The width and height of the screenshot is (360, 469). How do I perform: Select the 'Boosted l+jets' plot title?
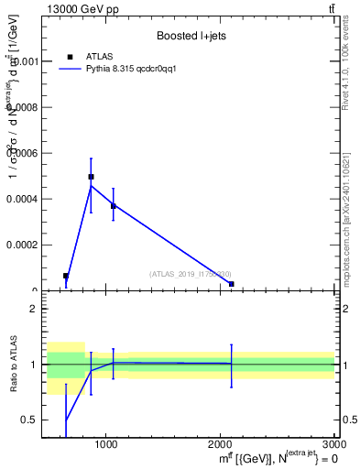pyautogui.click(x=190, y=36)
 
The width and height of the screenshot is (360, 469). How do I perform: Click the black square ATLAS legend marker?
pyautogui.click(x=70, y=57)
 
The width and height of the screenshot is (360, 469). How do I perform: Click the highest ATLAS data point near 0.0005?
pyautogui.click(x=91, y=177)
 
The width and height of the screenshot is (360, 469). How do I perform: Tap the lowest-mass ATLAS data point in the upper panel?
pyautogui.click(x=66, y=276)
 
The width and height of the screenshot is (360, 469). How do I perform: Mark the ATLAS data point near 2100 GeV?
pyautogui.click(x=231, y=284)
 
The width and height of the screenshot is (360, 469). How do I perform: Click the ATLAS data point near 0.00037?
pyautogui.click(x=113, y=206)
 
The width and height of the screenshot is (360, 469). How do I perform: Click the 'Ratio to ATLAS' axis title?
pyautogui.click(x=14, y=365)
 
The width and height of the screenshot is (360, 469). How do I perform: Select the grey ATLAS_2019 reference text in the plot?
pyautogui.click(x=190, y=274)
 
